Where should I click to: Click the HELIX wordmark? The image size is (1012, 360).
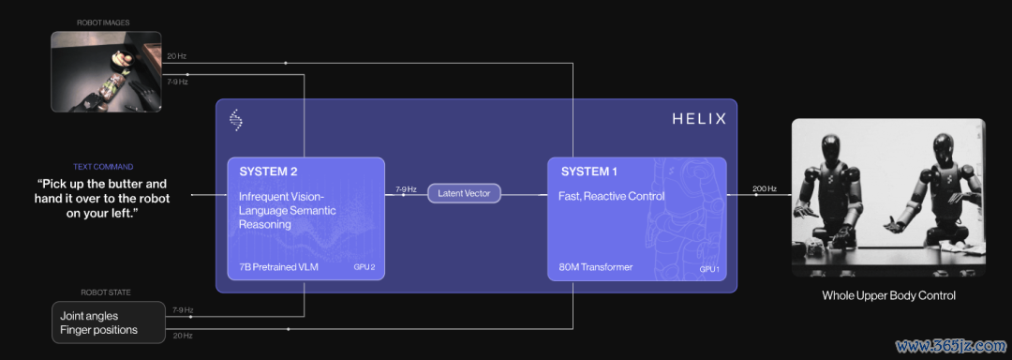click(x=699, y=119)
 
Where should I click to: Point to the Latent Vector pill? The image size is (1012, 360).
click(x=464, y=193)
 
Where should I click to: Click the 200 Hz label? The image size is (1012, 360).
click(x=765, y=189)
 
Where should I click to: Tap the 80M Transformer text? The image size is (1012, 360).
click(x=595, y=266)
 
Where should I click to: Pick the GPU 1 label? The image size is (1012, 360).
click(x=708, y=268)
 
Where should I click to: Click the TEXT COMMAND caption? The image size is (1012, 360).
click(x=103, y=167)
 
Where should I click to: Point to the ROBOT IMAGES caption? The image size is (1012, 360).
click(x=103, y=22)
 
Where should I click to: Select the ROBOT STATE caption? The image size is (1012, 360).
click(x=106, y=292)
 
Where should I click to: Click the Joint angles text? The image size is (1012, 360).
click(x=89, y=317)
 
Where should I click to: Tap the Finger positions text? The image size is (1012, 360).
click(x=98, y=330)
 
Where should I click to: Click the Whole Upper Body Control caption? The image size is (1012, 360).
click(x=888, y=295)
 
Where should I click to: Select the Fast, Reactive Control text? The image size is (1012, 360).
click(x=611, y=196)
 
